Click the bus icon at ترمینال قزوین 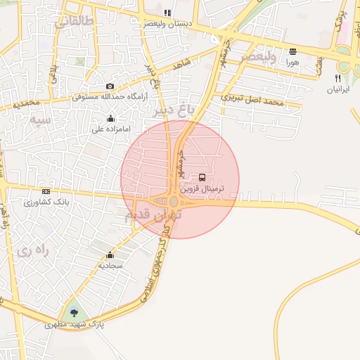pyautogui.click(x=203, y=178)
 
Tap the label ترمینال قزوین pyautogui.click(x=204, y=189)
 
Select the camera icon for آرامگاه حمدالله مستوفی pyautogui.click(x=110, y=86)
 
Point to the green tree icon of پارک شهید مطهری pyautogui.click(x=73, y=313)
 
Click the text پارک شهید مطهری pyautogui.click(x=74, y=325)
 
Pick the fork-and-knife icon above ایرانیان pyautogui.click(x=338, y=78)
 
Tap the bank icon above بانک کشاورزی pyautogui.click(x=46, y=191)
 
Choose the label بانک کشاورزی pyautogui.click(x=44, y=202)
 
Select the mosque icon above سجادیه pyautogui.click(x=110, y=255)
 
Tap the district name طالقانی pyautogui.click(x=72, y=22)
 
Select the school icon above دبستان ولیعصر pyautogui.click(x=167, y=13)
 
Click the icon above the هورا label pyautogui.click(x=292, y=51)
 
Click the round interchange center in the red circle pyautogui.click(x=174, y=201)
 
